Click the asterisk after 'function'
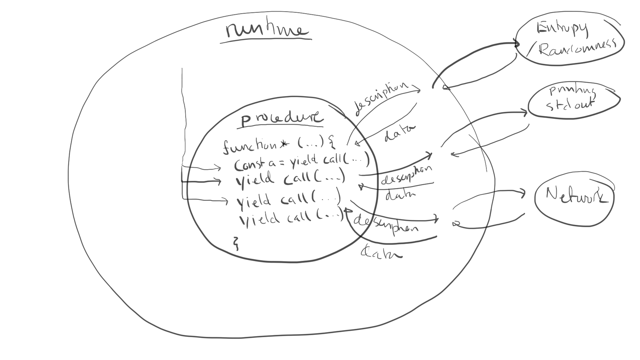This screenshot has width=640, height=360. [284, 144]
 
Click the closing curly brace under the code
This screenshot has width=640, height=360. [236, 243]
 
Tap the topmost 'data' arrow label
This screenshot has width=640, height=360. [399, 133]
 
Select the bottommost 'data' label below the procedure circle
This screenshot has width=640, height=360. [381, 252]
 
